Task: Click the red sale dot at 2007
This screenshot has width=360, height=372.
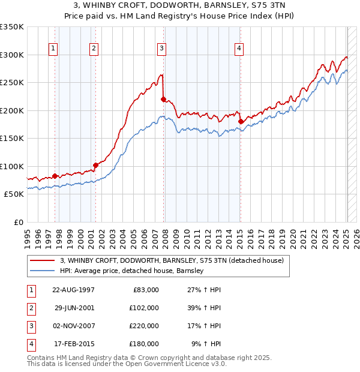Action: pos(163,99)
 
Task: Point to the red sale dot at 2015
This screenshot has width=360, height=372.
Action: pos(241,121)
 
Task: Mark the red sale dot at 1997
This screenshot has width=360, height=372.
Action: pos(55,176)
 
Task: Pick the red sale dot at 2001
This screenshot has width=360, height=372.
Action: pos(95,165)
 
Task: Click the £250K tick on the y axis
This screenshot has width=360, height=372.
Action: pos(12,82)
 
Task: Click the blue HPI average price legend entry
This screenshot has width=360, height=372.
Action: pos(131,271)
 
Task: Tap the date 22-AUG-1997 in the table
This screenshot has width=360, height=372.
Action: pos(74,290)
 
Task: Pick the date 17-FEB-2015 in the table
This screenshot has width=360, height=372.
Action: pos(74,344)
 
